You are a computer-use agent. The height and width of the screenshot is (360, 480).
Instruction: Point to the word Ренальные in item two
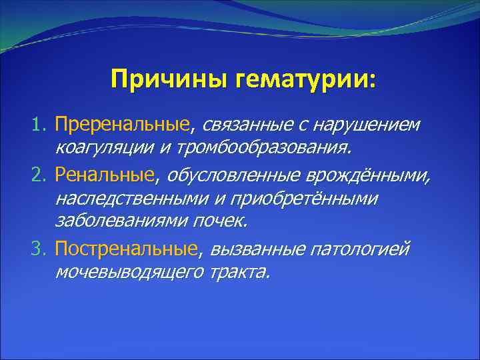(105, 175)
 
